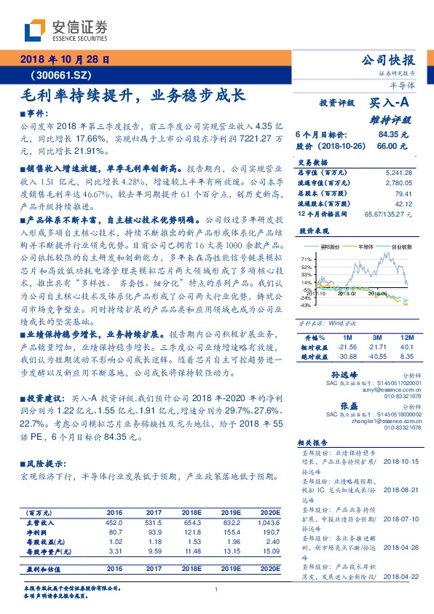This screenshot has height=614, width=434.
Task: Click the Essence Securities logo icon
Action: pyautogui.click(x=35, y=30)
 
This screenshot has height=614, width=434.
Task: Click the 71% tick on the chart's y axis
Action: pyautogui.click(x=306, y=258)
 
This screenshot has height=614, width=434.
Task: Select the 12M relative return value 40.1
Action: pyautogui.click(x=406, y=346)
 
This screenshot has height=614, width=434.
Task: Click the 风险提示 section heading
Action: pyautogui.click(x=47, y=463)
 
